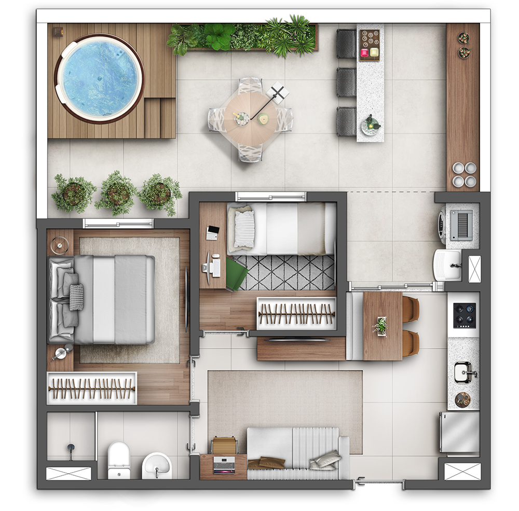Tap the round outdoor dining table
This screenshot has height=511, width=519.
pos(251,119)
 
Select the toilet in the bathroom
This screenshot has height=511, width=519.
pos(118,459)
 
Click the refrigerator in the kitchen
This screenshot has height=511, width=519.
pos(460,432)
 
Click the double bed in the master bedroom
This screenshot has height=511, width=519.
pos(104,299)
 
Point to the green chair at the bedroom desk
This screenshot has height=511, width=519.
pos(236,274)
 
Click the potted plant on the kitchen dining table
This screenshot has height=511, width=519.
pos(381,326)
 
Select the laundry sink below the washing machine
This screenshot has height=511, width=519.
pos(447,265)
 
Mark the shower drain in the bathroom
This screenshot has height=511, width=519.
pos(70,447)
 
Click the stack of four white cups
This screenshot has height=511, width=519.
pos(463,175)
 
